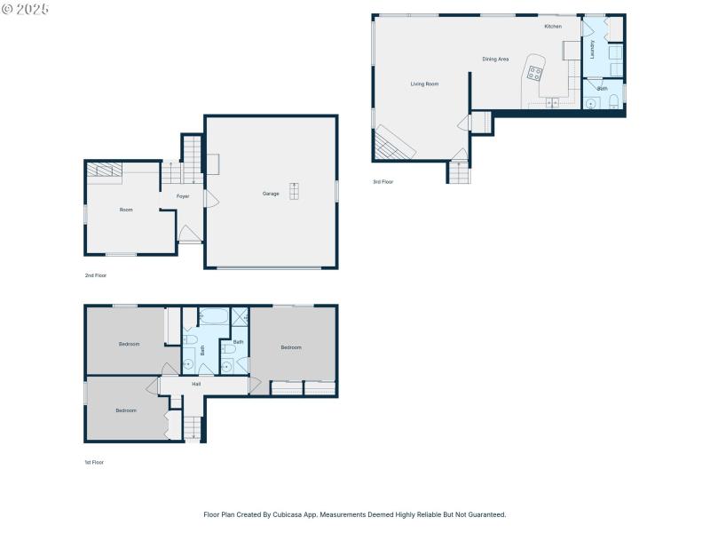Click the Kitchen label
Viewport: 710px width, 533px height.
coord(553,27)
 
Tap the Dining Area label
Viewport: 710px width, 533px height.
coord(495,60)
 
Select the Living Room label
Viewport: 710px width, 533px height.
coord(424,84)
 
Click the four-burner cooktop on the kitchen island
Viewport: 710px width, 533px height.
coord(534,74)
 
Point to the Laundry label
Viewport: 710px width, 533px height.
coord(592,49)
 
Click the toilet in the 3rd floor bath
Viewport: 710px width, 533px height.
coord(614,103)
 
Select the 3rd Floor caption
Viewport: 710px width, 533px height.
coord(383,182)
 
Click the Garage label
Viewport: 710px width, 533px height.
coord(271,194)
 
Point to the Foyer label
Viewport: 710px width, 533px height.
coord(183,196)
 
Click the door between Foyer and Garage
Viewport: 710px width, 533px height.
coord(209,198)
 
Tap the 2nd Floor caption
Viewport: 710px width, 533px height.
coord(95,276)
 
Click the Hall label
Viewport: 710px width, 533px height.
coord(196,385)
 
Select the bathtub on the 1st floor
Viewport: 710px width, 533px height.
coord(213,317)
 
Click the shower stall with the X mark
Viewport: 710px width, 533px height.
coord(240,316)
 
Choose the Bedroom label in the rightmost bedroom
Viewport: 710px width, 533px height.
coord(291,347)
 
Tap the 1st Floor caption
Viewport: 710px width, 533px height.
coord(94,463)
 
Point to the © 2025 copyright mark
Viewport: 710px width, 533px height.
coord(26,9)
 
